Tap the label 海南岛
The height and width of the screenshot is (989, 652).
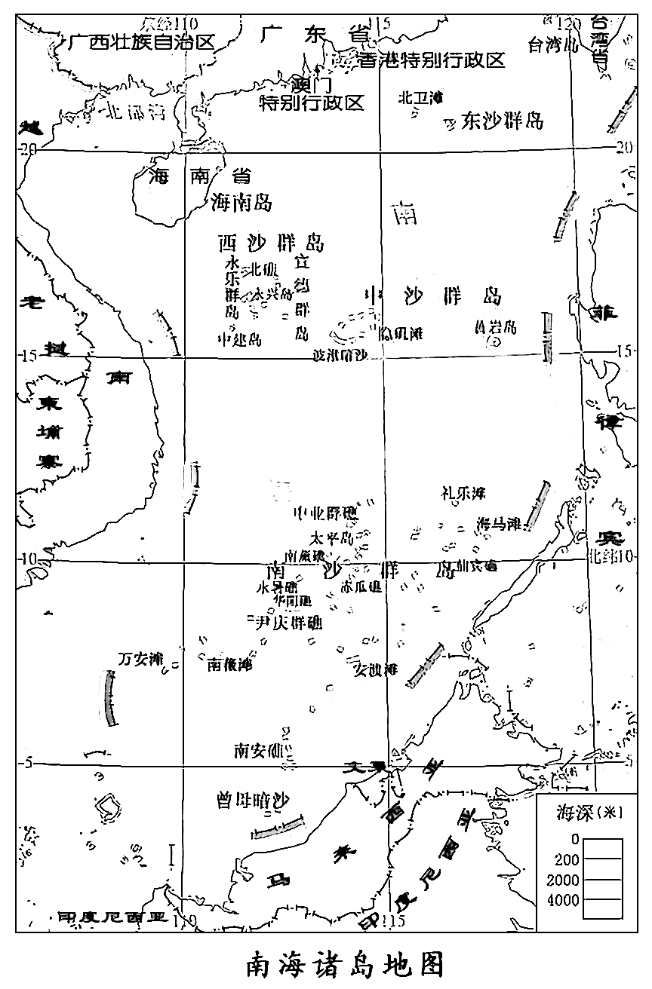pyautogui.click(x=241, y=202)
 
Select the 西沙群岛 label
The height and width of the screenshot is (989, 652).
pyautogui.click(x=271, y=243)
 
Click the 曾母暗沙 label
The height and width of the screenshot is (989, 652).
pyautogui.click(x=254, y=801)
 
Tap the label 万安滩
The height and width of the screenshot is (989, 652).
pyautogui.click(x=141, y=659)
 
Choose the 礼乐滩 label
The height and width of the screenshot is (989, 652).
pyautogui.click(x=463, y=493)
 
